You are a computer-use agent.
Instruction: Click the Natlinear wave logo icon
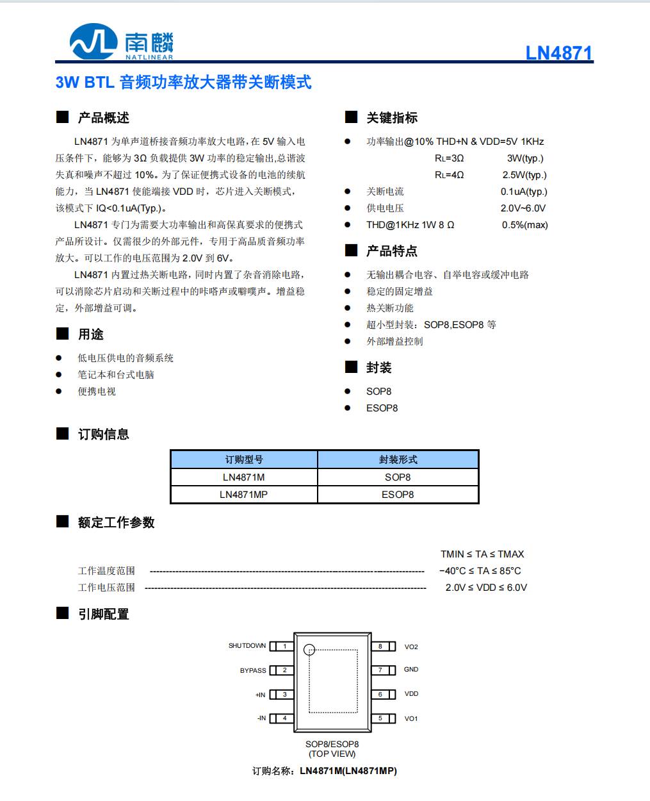[93, 42]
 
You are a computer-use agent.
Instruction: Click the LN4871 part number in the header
[559, 53]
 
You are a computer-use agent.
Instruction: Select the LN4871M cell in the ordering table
[243, 477]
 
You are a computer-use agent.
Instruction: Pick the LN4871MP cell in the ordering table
[243, 495]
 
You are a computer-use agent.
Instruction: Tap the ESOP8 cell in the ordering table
[398, 495]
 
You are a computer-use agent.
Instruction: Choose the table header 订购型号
[243, 459]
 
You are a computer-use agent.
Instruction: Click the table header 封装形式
[398, 459]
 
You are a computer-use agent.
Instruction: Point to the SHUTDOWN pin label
[247, 646]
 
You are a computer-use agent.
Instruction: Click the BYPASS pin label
[253, 670]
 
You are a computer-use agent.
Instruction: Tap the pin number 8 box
[380, 647]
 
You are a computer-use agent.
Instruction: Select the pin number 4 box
[285, 718]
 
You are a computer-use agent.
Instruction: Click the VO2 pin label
[411, 647]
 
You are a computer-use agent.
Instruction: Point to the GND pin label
[411, 670]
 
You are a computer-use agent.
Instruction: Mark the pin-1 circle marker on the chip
[309, 649]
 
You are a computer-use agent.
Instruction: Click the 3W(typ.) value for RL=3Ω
[525, 158]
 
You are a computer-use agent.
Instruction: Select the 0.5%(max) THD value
[524, 225]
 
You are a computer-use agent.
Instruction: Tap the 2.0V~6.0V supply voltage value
[523, 208]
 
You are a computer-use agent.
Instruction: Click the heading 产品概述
[104, 118]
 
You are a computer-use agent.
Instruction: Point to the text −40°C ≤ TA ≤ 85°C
[480, 571]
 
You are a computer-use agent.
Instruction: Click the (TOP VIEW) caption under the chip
[332, 754]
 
